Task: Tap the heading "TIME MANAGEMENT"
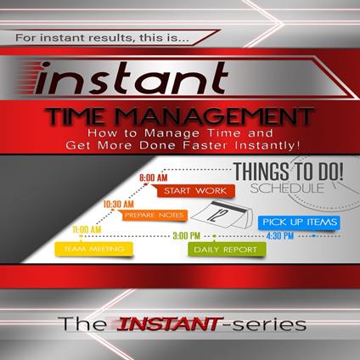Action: [x=181, y=120]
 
